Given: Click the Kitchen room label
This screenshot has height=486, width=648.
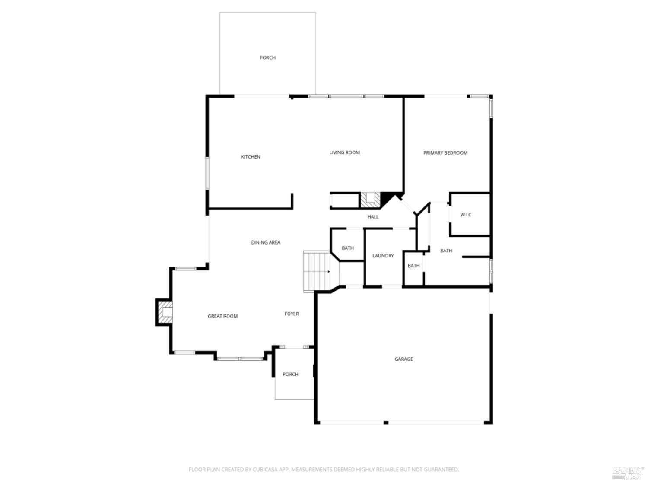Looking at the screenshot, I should [251, 157].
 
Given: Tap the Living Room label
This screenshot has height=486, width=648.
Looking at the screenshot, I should [344, 152].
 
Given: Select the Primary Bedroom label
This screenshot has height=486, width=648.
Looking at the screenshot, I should [445, 153].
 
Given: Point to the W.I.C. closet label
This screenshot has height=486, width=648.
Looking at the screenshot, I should [466, 215].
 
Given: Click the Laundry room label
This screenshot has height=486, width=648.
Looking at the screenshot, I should [383, 256].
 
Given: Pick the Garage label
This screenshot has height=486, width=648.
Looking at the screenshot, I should [403, 359].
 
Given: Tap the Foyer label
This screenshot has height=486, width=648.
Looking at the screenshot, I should [292, 314].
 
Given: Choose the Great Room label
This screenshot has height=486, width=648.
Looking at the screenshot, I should [222, 316].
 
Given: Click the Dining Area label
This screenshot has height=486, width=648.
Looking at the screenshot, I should [266, 242].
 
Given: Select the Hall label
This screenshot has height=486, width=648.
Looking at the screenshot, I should [373, 217].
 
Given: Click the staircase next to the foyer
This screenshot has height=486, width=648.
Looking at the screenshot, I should [317, 271].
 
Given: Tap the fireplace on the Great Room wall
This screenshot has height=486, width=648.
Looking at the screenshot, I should [165, 311].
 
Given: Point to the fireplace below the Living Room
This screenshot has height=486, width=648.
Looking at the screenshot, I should [370, 200].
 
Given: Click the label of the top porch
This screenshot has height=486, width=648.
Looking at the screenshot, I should [267, 57].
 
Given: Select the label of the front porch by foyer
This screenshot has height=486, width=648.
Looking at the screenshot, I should [290, 374].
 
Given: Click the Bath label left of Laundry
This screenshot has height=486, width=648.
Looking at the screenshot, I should [348, 248].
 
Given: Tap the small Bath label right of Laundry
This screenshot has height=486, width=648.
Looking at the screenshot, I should [413, 266].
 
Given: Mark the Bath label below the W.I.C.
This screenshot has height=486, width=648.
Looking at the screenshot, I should [446, 251].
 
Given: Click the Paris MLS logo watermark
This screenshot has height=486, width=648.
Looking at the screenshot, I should [628, 472].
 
